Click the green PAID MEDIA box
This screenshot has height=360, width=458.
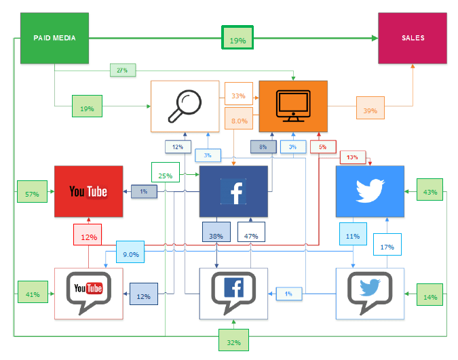pyautogui.click(x=54, y=38)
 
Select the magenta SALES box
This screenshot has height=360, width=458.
pyautogui.click(x=413, y=38)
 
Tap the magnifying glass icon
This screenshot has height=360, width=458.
pyautogui.click(x=185, y=106)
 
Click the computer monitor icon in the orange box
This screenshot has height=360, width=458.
pyautogui.click(x=293, y=106)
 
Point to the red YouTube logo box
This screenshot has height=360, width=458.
pyautogui.click(x=88, y=191)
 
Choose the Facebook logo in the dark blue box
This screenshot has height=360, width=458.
pyautogui.click(x=233, y=191)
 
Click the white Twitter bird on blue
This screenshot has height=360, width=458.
pyautogui.click(x=370, y=191)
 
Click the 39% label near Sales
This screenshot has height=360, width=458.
pyautogui.click(x=370, y=111)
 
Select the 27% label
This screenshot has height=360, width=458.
pyautogui.click(x=122, y=70)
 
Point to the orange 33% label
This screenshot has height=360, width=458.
pyautogui.click(x=239, y=96)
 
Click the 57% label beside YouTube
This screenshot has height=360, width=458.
pyautogui.click(x=31, y=195)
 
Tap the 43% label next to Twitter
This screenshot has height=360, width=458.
pyautogui.click(x=430, y=192)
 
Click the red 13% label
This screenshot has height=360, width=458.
pyautogui.click(x=352, y=157)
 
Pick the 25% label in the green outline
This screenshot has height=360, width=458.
pyautogui.click(x=166, y=176)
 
